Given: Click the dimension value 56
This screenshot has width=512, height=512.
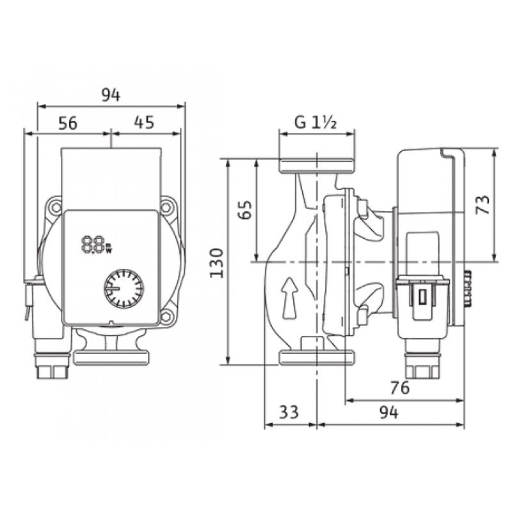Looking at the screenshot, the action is coord(68,123).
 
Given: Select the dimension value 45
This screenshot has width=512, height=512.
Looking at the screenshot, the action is coord(144,122).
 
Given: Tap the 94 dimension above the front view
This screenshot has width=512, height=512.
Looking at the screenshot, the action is coord(111,95).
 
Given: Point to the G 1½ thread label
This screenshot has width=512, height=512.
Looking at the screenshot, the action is coord(315,122).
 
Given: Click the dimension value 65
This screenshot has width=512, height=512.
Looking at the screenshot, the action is coord(245,210).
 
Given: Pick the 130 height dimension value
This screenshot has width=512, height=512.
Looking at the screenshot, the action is coord(216,263).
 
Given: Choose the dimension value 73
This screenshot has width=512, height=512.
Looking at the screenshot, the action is coord(483,204).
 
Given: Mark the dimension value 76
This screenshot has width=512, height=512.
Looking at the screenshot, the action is coord(399,387).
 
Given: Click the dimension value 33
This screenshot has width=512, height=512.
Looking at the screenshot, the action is coord(289,412).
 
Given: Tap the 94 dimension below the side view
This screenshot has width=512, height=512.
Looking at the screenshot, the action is coord(389,412).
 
